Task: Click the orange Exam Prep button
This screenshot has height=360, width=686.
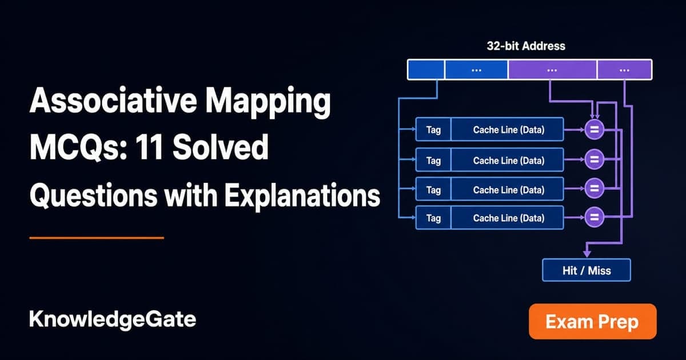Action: (593, 321)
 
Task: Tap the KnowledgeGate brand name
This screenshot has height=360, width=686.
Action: (113, 320)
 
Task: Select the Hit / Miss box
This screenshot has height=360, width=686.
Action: (587, 270)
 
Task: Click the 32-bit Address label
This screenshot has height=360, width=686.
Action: (526, 46)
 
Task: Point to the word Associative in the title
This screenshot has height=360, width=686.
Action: (113, 101)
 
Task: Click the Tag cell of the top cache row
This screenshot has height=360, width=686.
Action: (433, 130)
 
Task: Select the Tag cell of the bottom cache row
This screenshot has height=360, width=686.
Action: (433, 218)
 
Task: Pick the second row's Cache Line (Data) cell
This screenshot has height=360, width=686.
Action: (508, 160)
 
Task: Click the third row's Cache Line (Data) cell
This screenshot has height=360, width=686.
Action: (508, 190)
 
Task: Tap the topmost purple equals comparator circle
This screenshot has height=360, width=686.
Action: (594, 130)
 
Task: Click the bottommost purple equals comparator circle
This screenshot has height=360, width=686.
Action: (594, 217)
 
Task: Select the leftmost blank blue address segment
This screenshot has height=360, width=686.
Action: (426, 70)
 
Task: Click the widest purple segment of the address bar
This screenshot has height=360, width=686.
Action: (552, 70)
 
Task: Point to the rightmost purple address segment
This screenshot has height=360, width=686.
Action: (624, 70)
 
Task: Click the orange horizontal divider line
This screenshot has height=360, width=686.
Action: (97, 238)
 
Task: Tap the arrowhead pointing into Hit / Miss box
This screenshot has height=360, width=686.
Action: (587, 254)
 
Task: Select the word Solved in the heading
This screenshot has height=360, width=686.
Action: (221, 147)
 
